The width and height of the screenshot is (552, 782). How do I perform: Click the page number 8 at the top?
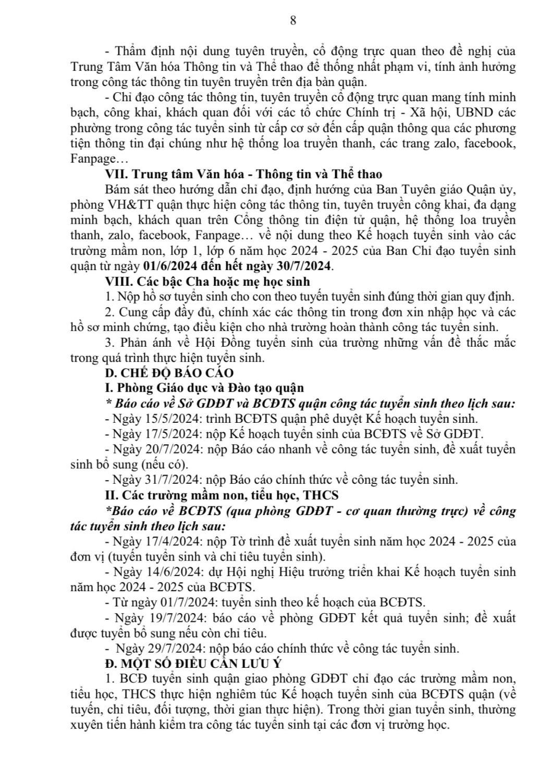292,21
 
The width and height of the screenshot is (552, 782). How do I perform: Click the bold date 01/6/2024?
169,266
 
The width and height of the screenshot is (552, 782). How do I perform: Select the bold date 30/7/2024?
306,266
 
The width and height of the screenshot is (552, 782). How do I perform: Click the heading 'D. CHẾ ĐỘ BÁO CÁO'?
169,373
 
